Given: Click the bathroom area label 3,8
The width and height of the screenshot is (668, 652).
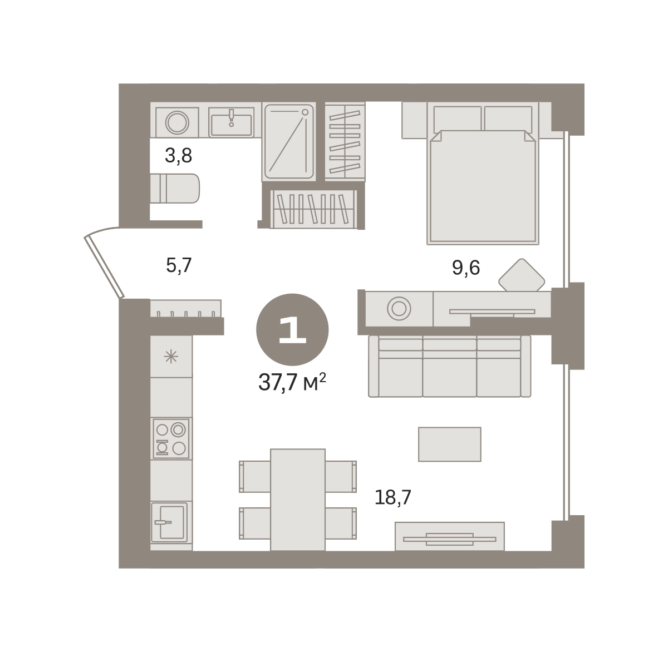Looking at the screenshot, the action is click(178, 156).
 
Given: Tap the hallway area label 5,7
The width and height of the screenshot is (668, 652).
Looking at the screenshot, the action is click(179, 265).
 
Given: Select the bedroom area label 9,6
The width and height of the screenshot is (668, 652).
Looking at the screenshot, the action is click(466, 268).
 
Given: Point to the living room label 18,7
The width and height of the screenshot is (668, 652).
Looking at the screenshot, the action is click(392, 498).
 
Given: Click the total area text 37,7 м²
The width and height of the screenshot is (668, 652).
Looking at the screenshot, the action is click(292, 382).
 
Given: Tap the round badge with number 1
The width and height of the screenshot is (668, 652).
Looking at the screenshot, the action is click(292, 329).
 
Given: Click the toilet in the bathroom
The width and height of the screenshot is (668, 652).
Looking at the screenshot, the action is click(175, 188).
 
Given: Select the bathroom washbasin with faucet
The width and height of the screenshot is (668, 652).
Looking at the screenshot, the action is click(232, 122).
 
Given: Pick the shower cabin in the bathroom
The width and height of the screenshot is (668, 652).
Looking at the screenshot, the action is click(289, 142).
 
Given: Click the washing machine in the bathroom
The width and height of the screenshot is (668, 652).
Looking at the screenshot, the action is click(177, 122).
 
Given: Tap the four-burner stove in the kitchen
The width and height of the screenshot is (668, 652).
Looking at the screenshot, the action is click(171, 439).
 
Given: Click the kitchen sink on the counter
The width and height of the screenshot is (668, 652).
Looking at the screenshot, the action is click(169, 522).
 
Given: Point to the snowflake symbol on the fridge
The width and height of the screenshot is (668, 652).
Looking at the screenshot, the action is click(171, 357).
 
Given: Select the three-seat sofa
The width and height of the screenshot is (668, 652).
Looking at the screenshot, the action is click(449, 366).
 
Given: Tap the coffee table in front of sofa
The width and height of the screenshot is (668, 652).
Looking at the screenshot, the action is click(449, 444).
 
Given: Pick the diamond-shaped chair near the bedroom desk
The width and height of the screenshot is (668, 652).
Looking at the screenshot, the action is click(522, 275).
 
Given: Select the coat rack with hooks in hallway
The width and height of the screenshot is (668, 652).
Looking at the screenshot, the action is click(185, 308).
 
